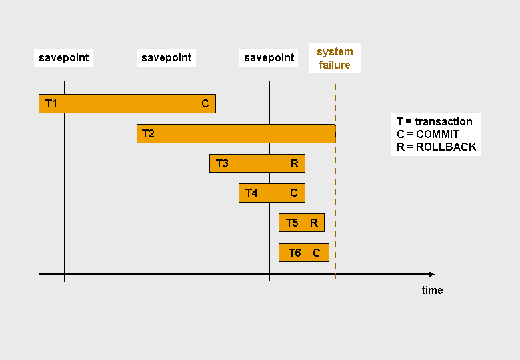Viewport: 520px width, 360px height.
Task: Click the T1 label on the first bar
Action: click(x=51, y=103)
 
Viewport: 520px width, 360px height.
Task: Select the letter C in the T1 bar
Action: click(x=205, y=103)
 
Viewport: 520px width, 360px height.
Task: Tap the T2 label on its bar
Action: click(x=148, y=133)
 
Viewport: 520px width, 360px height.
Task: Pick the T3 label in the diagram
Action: click(x=222, y=163)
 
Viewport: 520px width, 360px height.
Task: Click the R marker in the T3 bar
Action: click(x=295, y=163)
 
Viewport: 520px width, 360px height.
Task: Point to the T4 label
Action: click(x=251, y=193)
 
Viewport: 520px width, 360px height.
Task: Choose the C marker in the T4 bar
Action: click(x=294, y=193)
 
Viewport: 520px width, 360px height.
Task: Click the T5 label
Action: click(x=292, y=223)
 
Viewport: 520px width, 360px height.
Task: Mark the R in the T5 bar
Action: click(x=314, y=223)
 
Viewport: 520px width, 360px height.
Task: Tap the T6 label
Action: click(x=295, y=253)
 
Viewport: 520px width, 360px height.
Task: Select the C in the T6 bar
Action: click(x=317, y=253)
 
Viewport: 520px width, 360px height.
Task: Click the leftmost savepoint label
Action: click(x=63, y=58)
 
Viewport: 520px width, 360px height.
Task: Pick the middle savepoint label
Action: click(x=167, y=58)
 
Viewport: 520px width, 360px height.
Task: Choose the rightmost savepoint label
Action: click(x=269, y=58)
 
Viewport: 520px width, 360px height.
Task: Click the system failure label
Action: click(x=335, y=58)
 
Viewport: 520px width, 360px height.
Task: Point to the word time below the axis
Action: click(x=432, y=290)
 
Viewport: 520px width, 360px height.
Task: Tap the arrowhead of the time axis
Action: click(x=431, y=274)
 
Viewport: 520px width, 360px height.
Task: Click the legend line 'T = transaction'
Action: click(x=434, y=121)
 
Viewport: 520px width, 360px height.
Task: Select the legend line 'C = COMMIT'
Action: click(x=427, y=134)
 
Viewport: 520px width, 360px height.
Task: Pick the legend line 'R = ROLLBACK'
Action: click(x=436, y=147)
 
